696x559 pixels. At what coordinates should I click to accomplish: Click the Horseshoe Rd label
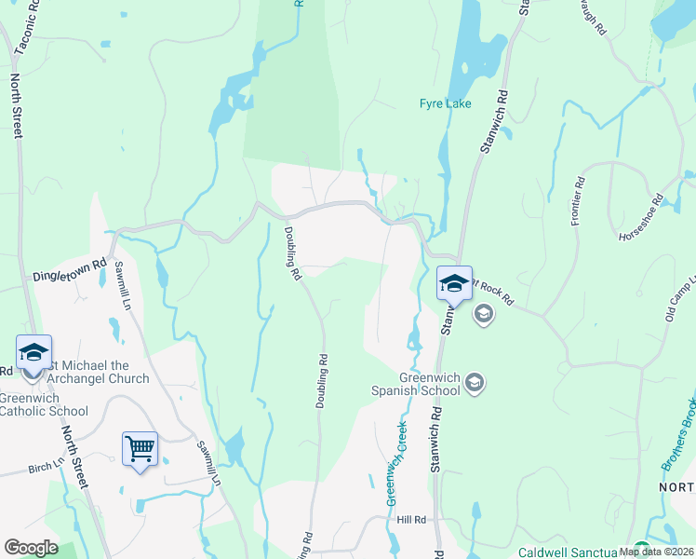point(642,219)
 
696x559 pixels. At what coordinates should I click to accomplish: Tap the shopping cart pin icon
point(140,450)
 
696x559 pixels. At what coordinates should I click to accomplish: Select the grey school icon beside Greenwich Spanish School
point(475,383)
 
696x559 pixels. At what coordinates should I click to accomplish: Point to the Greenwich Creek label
point(397,462)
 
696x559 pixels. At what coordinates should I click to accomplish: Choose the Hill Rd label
point(410,519)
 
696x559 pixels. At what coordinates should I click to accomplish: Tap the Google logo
point(31,548)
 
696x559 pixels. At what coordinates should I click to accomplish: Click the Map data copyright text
point(655,552)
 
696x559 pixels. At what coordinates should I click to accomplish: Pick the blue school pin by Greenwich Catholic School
point(33,353)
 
